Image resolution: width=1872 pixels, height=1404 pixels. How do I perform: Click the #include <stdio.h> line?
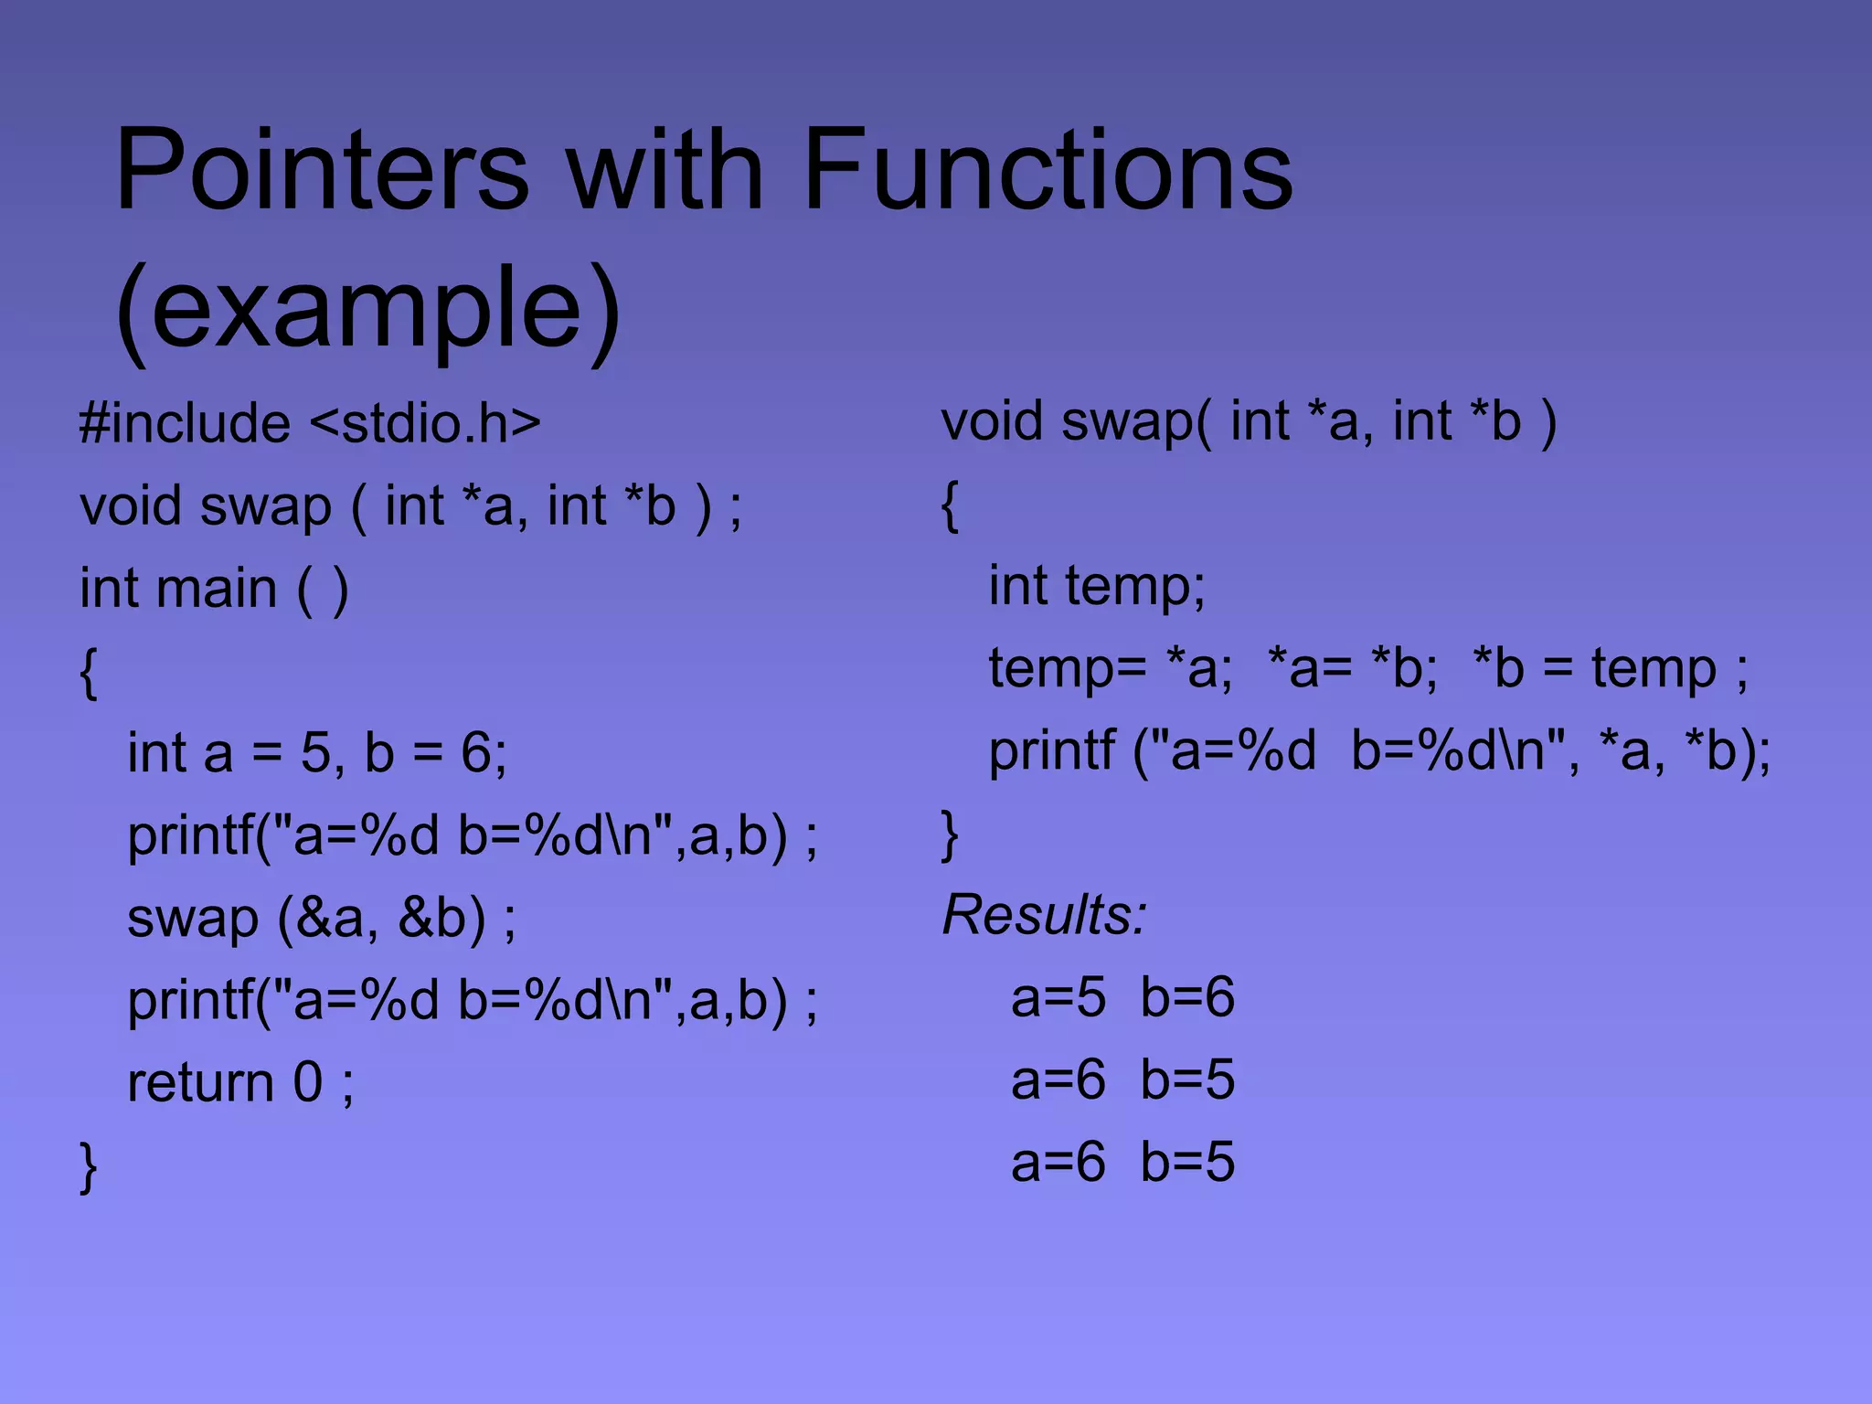coord(310,423)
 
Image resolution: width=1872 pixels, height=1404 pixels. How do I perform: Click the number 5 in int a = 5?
coord(315,753)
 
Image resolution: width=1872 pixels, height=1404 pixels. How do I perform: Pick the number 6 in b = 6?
coord(475,753)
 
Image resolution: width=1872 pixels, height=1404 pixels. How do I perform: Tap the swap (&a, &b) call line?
coord(321,918)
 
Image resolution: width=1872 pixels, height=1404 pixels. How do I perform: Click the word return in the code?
coord(200,1082)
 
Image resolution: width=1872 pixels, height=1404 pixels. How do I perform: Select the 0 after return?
coord(307,1082)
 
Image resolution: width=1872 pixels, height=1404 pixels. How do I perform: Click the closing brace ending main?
coord(88,1166)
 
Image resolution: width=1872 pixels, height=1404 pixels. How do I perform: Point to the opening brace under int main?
coord(88,673)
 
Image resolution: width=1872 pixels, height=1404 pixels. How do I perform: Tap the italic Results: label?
coord(1044,914)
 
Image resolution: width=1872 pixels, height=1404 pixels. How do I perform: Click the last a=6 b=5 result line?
coord(1122,1162)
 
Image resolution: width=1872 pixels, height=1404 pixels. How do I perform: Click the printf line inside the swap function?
coord(1379,751)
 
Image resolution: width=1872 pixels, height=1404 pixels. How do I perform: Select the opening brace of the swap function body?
coord(950,505)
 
